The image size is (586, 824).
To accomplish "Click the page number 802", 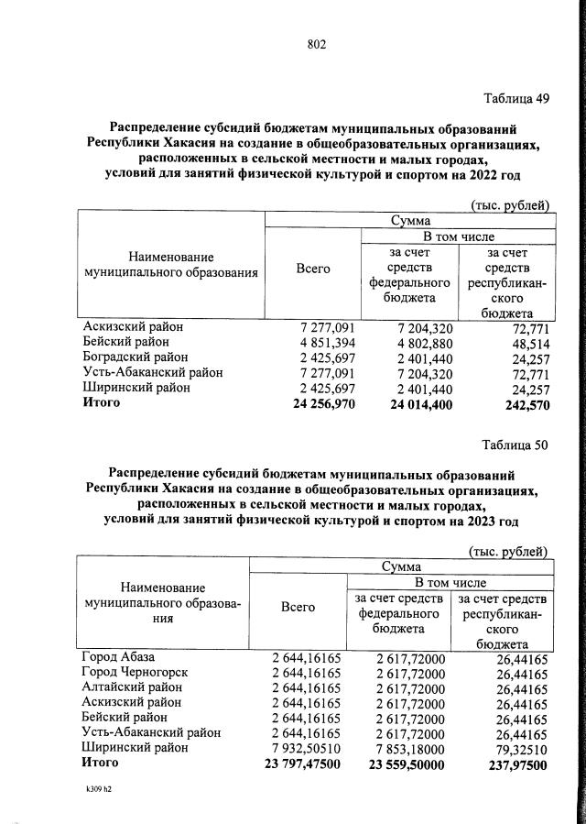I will (317, 44).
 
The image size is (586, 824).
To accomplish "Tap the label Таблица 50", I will (515, 446).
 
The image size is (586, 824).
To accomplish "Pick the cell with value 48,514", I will (529, 342).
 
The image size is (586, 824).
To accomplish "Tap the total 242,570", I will (525, 403).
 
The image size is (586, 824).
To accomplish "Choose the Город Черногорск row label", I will (135, 673).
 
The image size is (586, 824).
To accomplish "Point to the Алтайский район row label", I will (129, 687).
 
